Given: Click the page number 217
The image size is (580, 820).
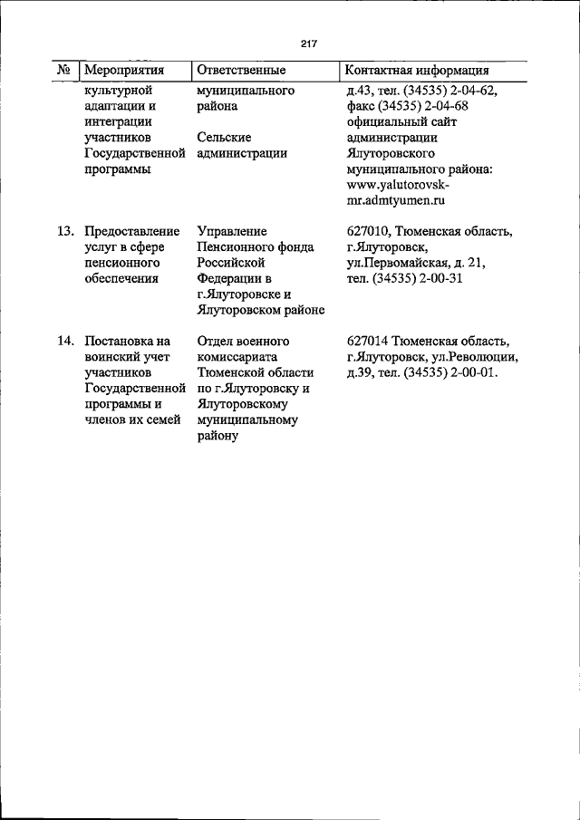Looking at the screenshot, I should [x=307, y=42].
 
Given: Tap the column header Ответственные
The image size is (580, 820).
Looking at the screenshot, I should [x=241, y=70].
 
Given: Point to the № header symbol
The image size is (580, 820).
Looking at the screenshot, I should [x=64, y=70].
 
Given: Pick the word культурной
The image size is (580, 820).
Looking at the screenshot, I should [x=117, y=91].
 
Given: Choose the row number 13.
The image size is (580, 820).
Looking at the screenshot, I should [x=65, y=232].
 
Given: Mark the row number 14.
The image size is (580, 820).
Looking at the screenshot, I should [x=65, y=342].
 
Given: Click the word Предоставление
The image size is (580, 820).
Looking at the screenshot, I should [x=131, y=232].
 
